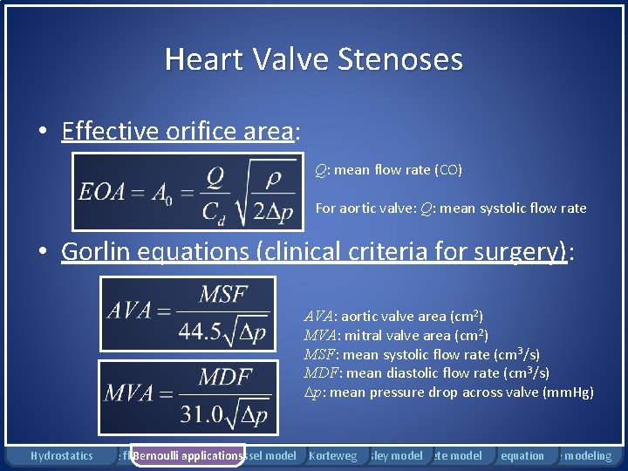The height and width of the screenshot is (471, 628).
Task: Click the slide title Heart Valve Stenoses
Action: [313, 59]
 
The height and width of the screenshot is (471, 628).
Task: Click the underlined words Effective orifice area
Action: [180, 132]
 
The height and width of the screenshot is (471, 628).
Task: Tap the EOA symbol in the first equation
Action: [100, 192]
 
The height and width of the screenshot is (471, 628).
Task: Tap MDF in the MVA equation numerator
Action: [225, 378]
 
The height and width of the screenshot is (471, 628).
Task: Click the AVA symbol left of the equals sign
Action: [129, 311]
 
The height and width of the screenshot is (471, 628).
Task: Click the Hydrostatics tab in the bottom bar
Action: [61, 455]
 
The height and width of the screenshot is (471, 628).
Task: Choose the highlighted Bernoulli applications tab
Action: [187, 455]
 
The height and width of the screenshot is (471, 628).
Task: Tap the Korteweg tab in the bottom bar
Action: [333, 455]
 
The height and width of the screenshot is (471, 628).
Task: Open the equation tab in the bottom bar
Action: [522, 455]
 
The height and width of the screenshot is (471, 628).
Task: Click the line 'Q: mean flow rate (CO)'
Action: [388, 169]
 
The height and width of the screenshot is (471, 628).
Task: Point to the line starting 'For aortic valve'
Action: [450, 208]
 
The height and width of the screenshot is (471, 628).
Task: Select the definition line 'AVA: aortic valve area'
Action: [393, 316]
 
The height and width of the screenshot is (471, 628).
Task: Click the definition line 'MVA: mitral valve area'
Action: [395, 335]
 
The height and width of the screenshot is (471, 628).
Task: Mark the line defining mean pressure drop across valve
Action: [447, 392]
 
